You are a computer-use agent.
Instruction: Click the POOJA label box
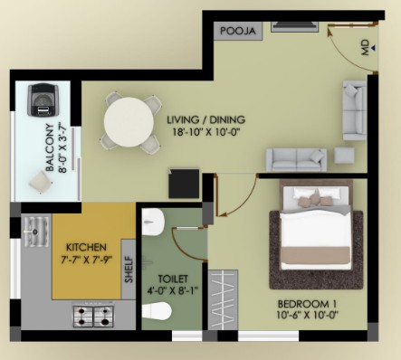pos(238,31)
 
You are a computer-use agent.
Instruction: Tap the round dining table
pos(129,122)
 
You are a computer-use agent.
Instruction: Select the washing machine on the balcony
pos(43,99)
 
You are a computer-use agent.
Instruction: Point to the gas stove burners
pos(93,317)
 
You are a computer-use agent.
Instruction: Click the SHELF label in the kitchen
pos(129,270)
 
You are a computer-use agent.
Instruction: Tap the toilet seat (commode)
pos(157,311)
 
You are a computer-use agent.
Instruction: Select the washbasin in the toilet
pos(153,222)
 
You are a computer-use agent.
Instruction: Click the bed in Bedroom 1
pos(316,225)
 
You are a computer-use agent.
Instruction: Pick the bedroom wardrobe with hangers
pos(223,299)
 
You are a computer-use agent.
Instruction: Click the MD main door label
pos(365,47)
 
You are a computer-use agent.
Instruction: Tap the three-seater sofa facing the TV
pos(296,160)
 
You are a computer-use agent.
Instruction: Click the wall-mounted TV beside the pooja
pos(295,26)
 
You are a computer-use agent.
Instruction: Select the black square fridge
pos(184,184)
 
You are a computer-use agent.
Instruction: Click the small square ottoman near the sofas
pos(344,156)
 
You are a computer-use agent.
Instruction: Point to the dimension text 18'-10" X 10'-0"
pos(206,132)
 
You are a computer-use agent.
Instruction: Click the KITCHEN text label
pos(86,247)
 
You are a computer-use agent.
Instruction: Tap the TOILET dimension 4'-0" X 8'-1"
pos(173,290)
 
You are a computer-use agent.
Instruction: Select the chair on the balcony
pos(41,182)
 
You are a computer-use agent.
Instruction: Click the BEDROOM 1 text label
pos(307,303)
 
